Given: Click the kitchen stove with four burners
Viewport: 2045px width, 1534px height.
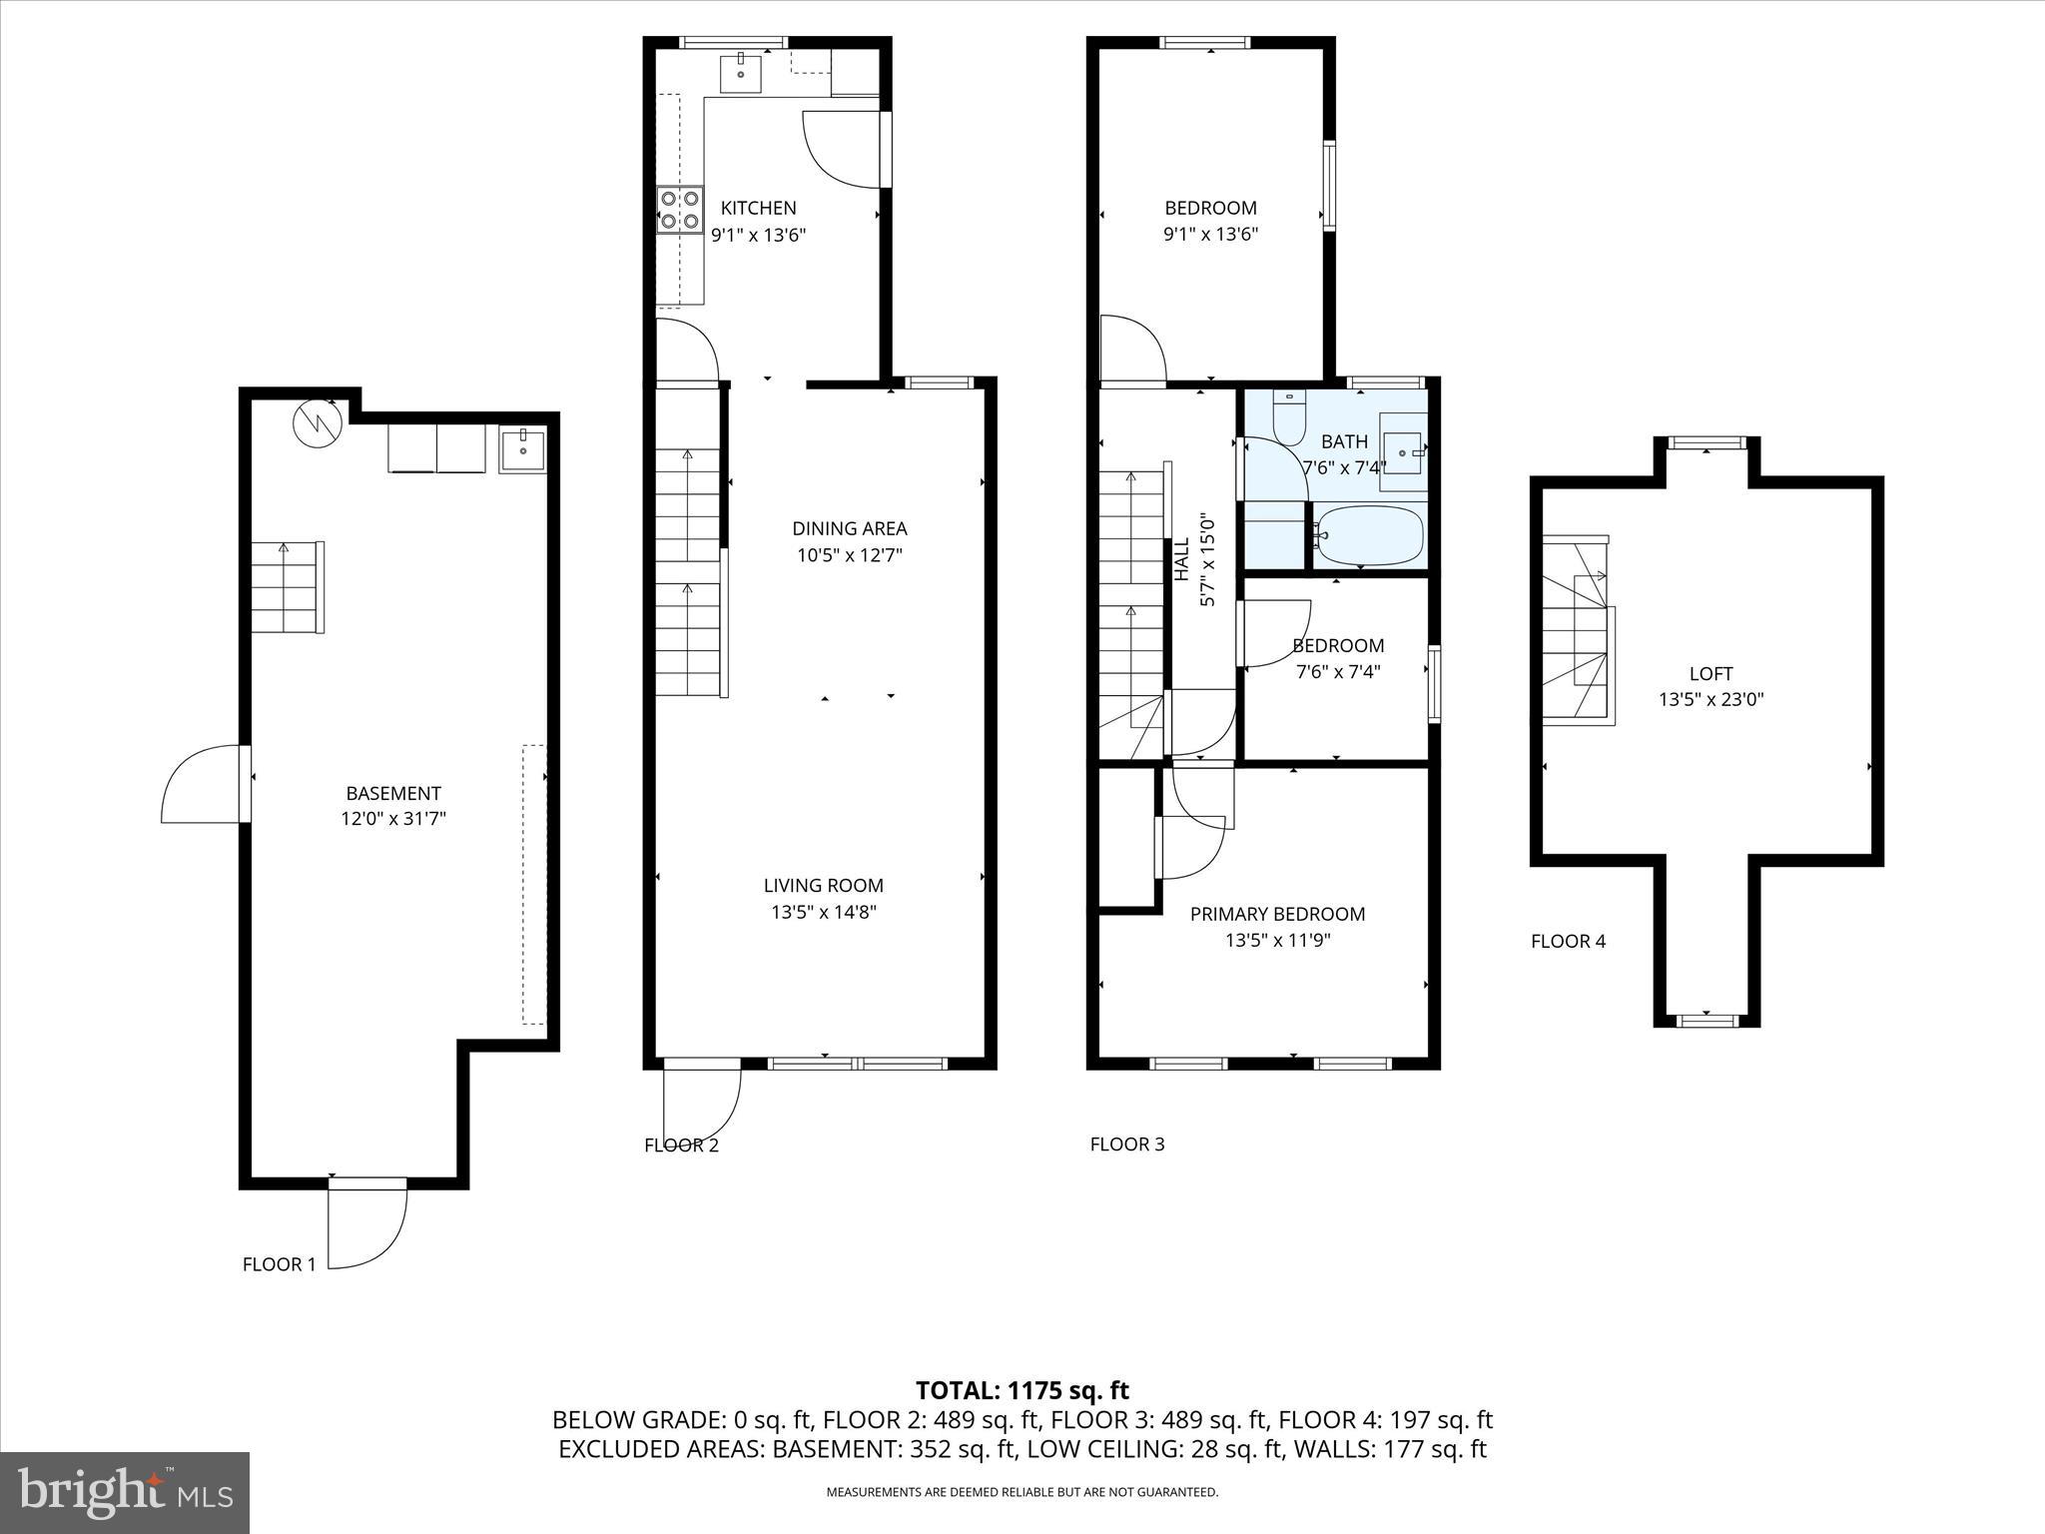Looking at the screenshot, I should pos(679,211).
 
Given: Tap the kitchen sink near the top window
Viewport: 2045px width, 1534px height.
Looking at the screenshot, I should pos(741,71).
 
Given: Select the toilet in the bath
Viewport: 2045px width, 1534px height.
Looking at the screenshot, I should pos(1289,416).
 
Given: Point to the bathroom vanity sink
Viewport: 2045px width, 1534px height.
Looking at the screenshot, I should pos(1404,453).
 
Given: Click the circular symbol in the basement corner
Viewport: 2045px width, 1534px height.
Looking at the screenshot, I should pos(318,423).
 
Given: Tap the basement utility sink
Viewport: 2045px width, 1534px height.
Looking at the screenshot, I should pos(522,448).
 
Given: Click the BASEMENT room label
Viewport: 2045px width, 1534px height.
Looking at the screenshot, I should pos(392,793).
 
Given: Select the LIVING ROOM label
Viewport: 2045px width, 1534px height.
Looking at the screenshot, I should pos(823,885).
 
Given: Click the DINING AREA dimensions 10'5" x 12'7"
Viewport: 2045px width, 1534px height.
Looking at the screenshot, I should pos(849,555).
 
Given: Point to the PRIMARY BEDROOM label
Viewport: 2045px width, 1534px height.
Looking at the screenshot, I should pos(1277,913).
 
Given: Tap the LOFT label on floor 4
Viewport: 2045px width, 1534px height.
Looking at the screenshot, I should pos(1710,673).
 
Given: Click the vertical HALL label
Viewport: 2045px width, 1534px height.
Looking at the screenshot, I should pos(1182,559).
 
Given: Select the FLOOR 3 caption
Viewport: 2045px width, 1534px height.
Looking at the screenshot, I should pos(1126,1144).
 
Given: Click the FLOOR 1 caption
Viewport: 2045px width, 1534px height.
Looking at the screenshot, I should pos(279,1264).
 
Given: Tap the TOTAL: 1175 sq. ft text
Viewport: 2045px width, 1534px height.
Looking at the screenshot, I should pos(1022,1390).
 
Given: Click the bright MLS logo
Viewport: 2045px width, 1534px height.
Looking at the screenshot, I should pos(125,1492).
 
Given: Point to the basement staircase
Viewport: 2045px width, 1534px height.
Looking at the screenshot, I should pos(287,587).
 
